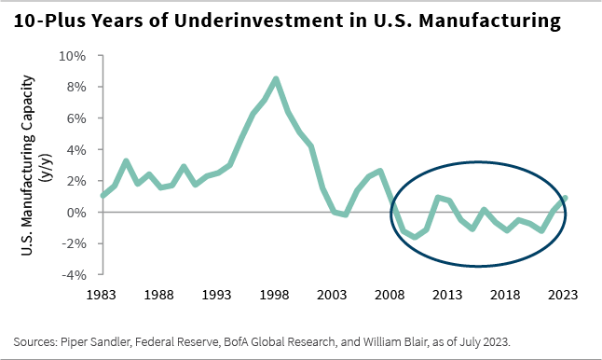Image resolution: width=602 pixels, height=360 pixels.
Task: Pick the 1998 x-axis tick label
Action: tap(276, 294)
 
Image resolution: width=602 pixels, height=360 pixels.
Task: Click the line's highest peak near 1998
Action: tap(276, 78)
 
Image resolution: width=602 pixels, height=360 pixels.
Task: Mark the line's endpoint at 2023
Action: tap(565, 198)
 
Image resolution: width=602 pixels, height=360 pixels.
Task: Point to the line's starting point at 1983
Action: tap(102, 196)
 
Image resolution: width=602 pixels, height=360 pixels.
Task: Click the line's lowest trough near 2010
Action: tap(415, 237)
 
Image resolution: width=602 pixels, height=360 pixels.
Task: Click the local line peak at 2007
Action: tap(380, 171)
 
